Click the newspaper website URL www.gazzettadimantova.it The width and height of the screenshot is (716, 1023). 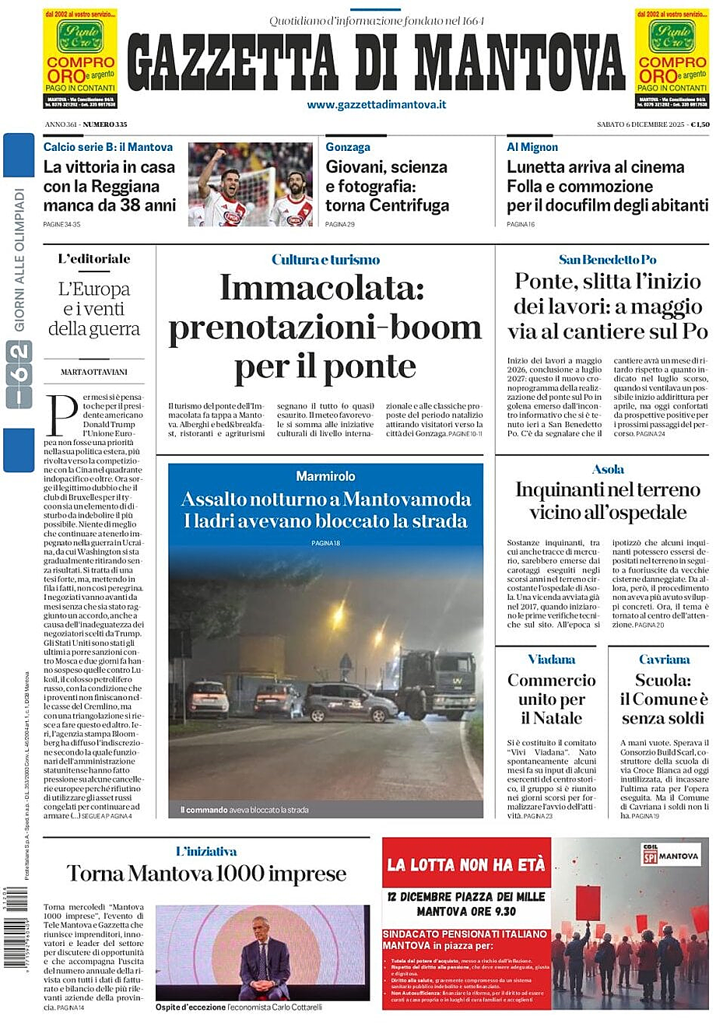(376, 104)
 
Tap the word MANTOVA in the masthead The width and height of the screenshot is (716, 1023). (519, 63)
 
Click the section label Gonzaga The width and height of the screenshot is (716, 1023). (348, 146)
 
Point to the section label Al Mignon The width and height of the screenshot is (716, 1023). (532, 146)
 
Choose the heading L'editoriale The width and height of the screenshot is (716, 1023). (94, 259)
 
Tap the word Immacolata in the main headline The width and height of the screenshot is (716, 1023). (321, 287)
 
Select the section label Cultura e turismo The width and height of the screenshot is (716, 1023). (325, 260)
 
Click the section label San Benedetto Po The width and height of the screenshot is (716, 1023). (607, 260)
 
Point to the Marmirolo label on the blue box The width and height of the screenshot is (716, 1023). (325, 476)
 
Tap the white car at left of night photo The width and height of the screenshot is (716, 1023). (208, 696)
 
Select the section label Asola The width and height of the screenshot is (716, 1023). (608, 469)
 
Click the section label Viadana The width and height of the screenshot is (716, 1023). (552, 659)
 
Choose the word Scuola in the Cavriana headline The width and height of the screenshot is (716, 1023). (662, 680)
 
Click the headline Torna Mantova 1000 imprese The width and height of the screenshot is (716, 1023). (206, 874)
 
